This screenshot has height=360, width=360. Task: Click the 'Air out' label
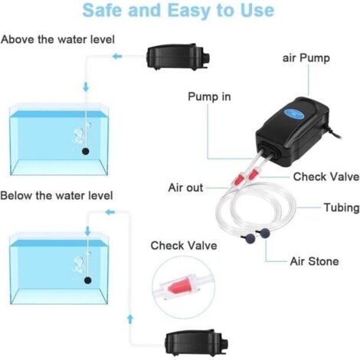click(185, 187)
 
